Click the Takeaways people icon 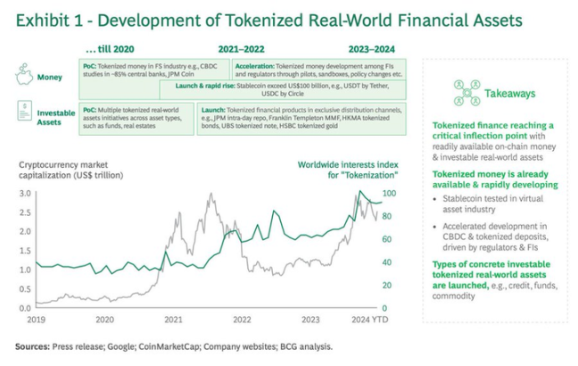(466, 92)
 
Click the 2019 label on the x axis (37, 319)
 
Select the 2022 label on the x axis (242, 319)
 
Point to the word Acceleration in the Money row (257, 66)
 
